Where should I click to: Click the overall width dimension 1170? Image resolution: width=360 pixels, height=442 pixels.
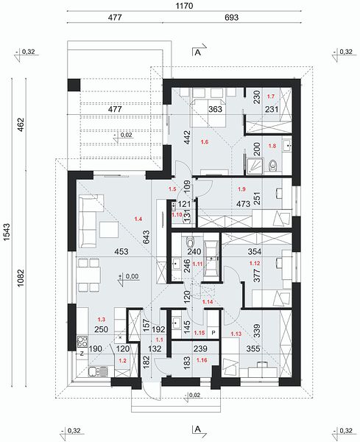point(185,5)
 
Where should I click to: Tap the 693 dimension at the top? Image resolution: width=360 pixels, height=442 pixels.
point(232,18)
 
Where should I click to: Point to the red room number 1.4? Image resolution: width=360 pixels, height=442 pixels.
point(138,219)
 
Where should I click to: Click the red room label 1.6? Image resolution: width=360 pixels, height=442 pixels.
point(205,142)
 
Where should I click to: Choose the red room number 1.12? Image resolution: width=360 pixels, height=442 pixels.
point(255,263)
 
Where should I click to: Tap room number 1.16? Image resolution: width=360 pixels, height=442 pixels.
point(202,359)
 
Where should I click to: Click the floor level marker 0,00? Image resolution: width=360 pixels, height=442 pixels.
point(132,276)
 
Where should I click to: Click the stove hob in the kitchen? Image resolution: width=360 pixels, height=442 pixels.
point(82,341)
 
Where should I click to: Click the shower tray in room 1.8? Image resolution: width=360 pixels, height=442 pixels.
point(255,166)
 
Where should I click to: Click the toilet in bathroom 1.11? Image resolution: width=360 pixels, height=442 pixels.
point(191,242)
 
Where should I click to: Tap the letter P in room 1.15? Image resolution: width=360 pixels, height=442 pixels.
point(213,333)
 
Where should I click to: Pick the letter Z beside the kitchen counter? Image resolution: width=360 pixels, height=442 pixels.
point(82,354)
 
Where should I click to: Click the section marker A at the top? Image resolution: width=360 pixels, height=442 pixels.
point(198,53)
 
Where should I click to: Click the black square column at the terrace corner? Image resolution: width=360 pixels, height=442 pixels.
point(74,85)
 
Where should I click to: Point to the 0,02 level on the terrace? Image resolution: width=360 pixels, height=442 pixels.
point(126,135)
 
